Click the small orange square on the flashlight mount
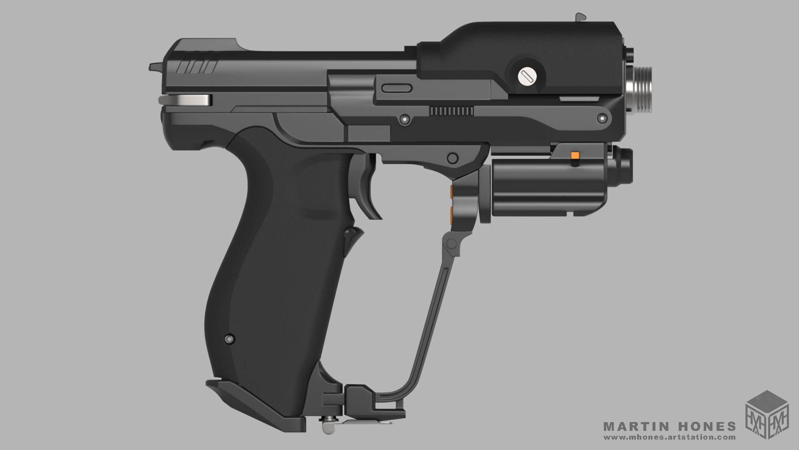coord(576,155)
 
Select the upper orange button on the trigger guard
coord(452,191)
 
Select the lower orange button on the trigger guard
coord(452,214)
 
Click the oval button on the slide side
coord(397,88)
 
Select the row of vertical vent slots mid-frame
coord(451,111)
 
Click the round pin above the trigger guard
coord(452,158)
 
